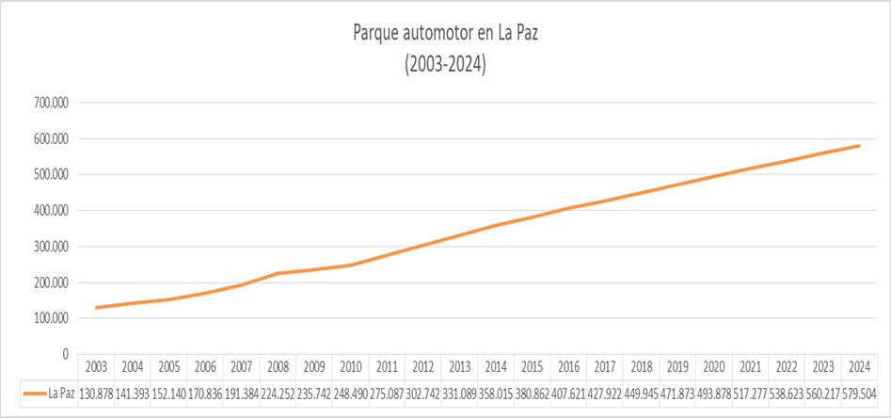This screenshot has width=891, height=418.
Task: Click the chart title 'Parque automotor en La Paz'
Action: [x=444, y=34]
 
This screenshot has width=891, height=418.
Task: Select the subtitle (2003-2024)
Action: [x=444, y=65]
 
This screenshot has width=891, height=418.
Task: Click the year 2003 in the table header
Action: [x=96, y=367]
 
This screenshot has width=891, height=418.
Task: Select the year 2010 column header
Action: [x=351, y=367]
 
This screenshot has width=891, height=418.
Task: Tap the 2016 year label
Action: [x=568, y=367]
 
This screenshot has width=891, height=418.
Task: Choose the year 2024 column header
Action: [x=859, y=367]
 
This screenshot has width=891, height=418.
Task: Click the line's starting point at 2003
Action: [x=96, y=308]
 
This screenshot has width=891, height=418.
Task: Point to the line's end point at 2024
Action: [x=859, y=146]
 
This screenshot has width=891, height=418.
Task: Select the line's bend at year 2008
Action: [x=278, y=274]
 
